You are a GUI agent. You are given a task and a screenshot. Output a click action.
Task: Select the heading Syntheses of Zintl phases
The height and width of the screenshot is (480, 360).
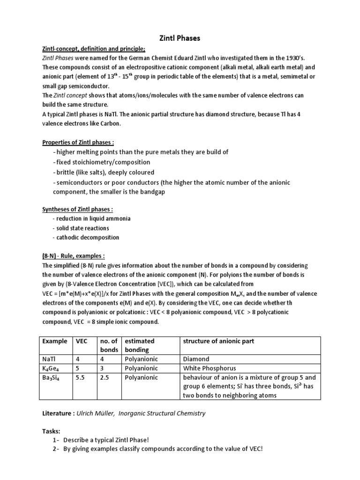pos(76,210)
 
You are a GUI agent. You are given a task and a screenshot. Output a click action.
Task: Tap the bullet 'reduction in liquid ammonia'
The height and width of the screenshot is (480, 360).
pos(93,218)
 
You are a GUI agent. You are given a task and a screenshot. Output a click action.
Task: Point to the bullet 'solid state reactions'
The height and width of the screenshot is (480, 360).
pos(82,228)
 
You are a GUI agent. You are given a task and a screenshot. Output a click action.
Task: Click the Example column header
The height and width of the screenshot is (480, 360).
pos(55,341)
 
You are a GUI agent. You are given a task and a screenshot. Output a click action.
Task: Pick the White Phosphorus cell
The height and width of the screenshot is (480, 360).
pos(210,368)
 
